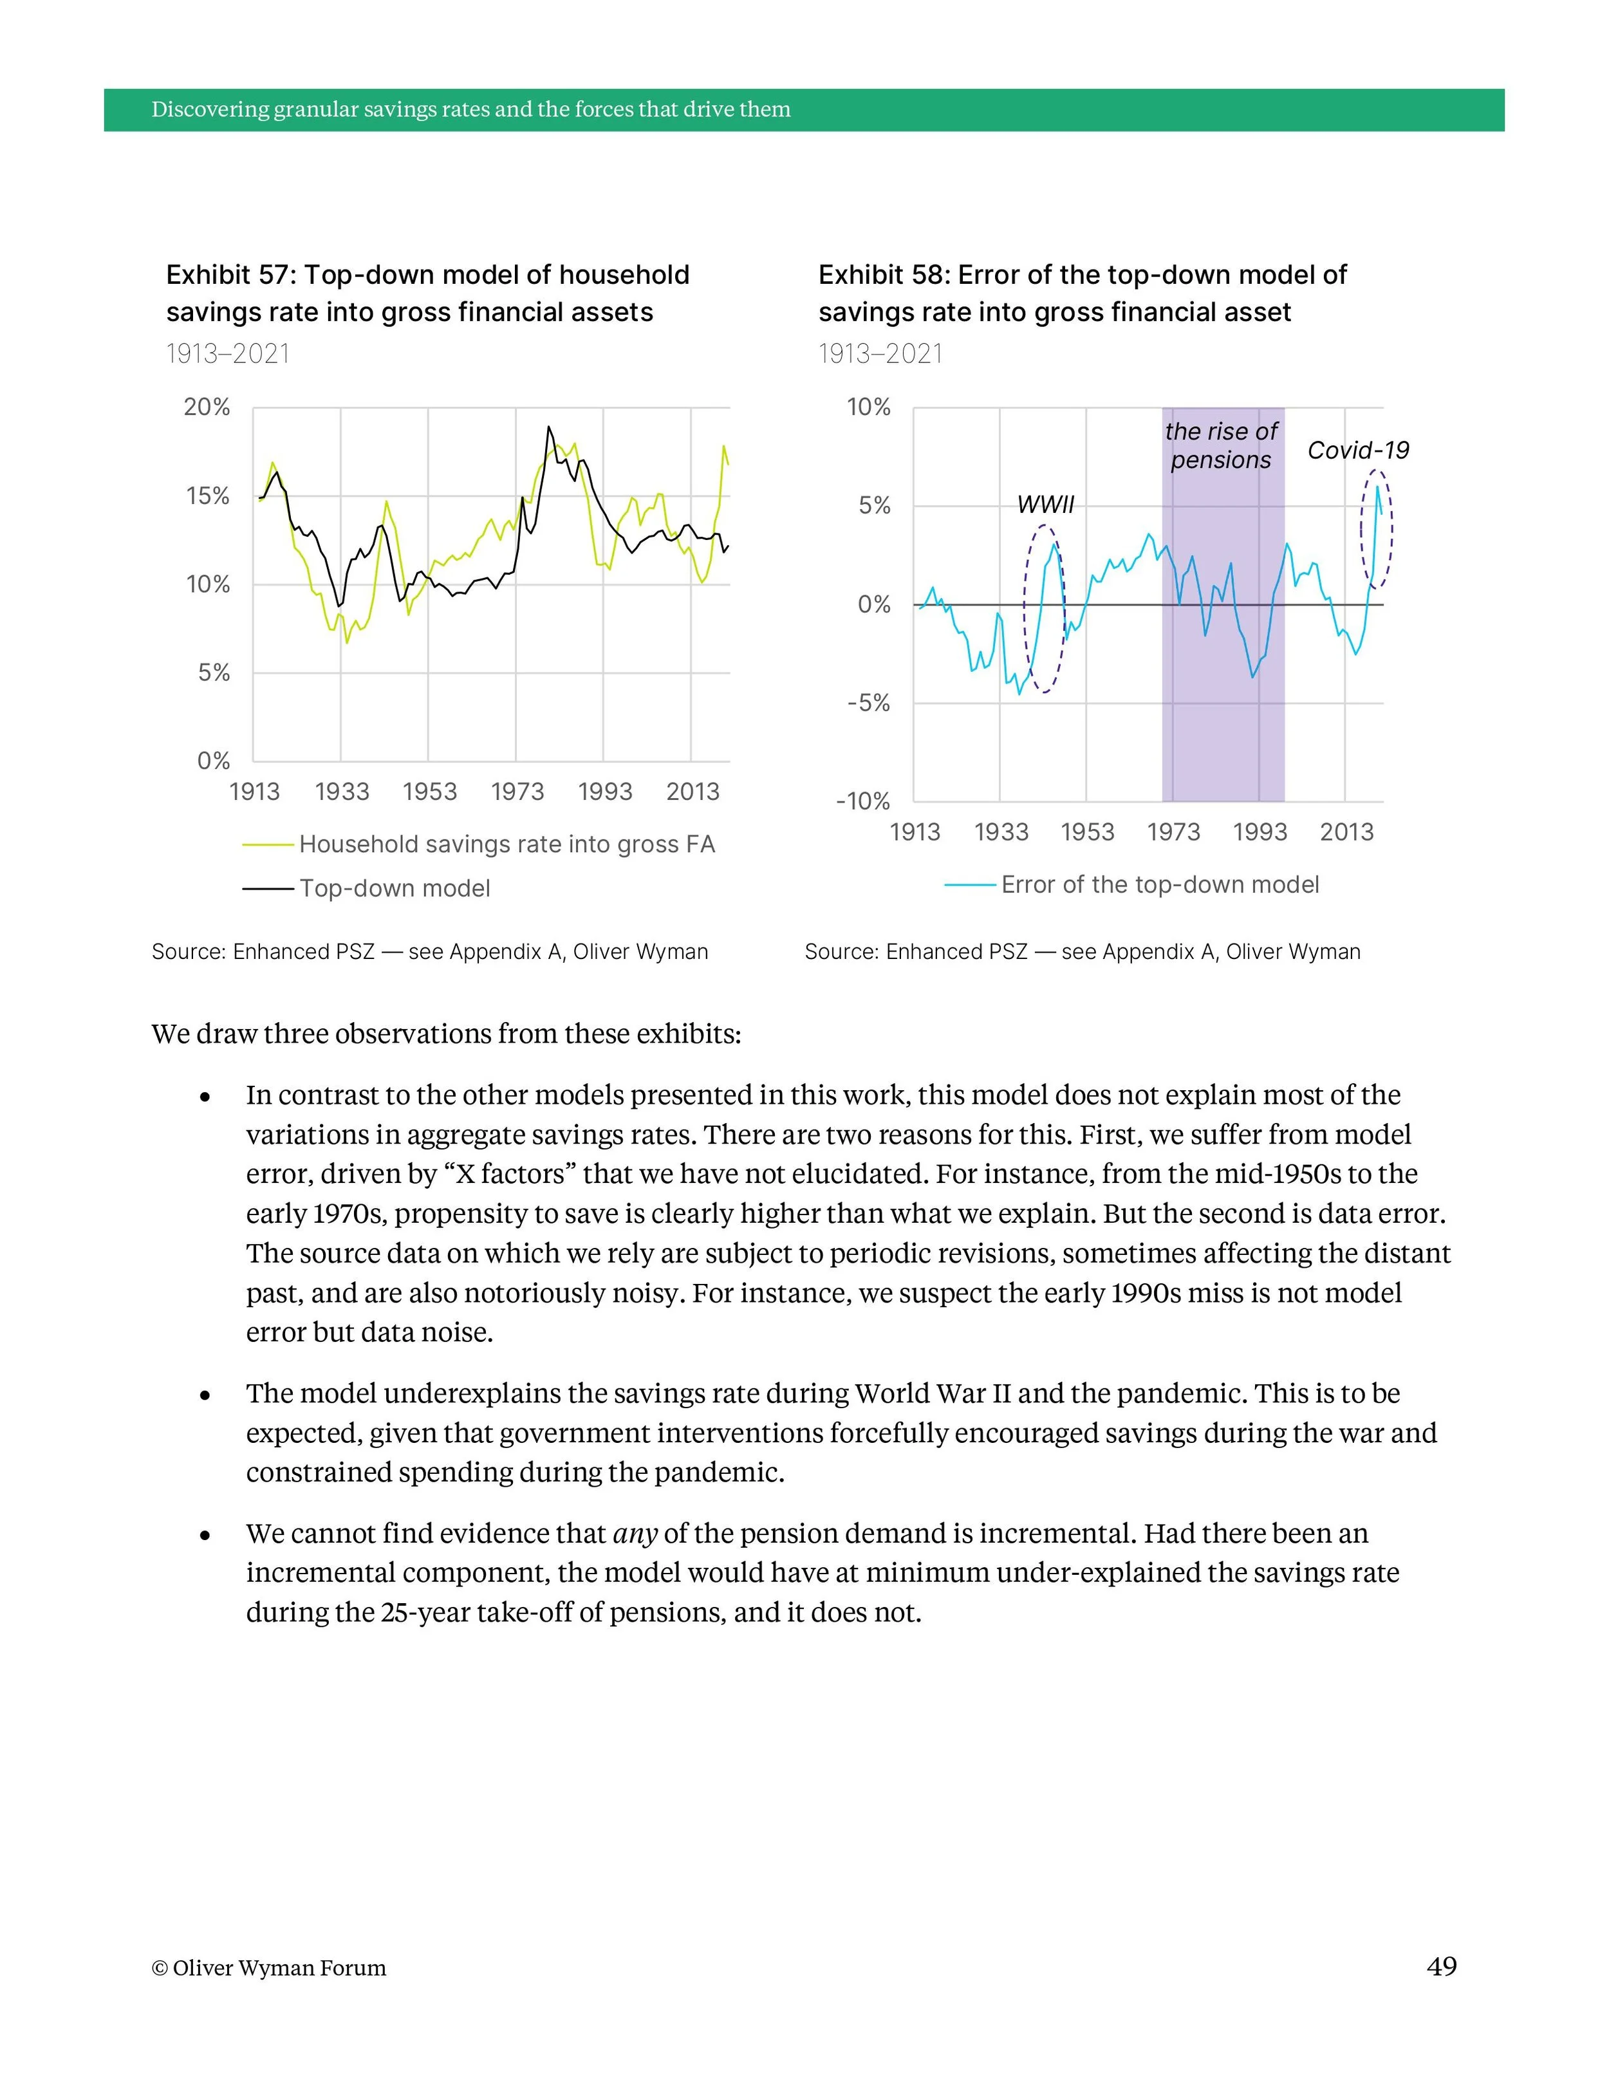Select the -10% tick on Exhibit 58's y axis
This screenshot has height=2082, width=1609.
click(x=862, y=802)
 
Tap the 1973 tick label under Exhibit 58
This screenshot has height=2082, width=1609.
click(x=1173, y=832)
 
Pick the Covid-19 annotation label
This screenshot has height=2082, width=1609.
click(x=1357, y=450)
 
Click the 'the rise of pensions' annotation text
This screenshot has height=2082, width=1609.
click(x=1221, y=445)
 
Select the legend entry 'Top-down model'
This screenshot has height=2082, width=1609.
click(x=395, y=889)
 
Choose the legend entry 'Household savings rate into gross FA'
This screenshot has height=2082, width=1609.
click(x=506, y=844)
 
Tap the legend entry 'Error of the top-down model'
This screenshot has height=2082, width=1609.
click(x=1159, y=885)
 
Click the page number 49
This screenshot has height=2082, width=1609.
click(x=1441, y=1967)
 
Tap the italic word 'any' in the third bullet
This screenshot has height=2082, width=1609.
click(x=635, y=1534)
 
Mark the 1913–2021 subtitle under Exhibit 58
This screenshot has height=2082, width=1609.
click(x=880, y=355)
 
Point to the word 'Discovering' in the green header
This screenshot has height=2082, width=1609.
click(x=210, y=109)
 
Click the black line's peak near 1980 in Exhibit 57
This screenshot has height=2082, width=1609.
click(x=548, y=427)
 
